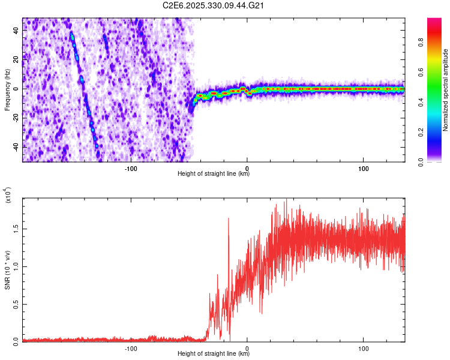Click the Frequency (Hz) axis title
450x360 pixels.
click(x=7, y=89)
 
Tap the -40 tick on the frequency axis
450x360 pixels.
click(x=14, y=146)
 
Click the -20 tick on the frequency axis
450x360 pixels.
click(x=14, y=118)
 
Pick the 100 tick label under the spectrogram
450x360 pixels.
click(x=363, y=168)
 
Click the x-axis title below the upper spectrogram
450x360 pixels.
click(x=214, y=174)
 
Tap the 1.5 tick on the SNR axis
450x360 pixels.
click(x=16, y=229)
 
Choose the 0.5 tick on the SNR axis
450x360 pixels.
click(x=16, y=304)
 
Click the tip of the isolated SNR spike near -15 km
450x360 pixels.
click(x=229, y=218)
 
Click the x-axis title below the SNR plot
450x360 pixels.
click(x=214, y=354)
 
